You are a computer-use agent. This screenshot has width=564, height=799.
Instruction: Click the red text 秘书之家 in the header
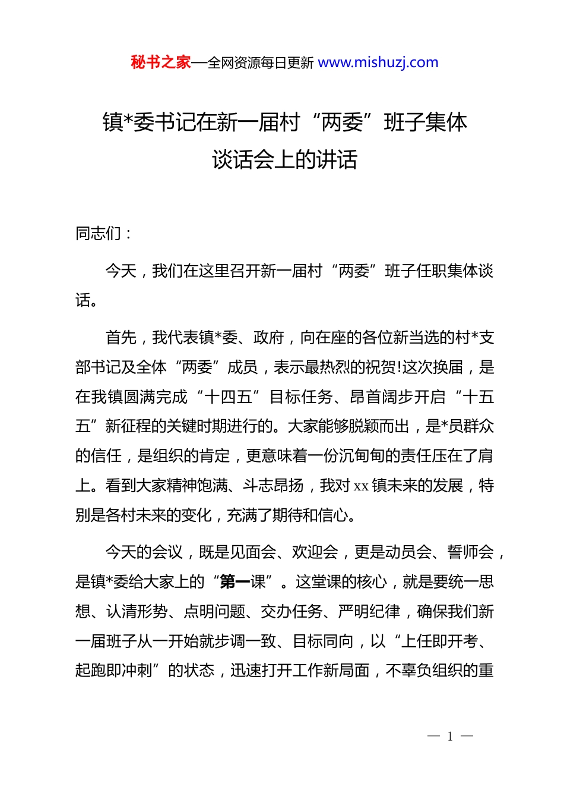tap(161, 62)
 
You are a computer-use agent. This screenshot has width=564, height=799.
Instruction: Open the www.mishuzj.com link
tap(378, 62)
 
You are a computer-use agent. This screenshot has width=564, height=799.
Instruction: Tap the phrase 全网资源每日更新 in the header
tap(261, 63)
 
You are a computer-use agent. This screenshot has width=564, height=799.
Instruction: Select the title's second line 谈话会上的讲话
tap(284, 159)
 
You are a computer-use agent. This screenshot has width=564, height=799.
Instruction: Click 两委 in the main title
tap(342, 122)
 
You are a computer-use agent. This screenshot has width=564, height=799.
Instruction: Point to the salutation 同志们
tap(99, 234)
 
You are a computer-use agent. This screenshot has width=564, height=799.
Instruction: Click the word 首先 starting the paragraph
tap(121, 338)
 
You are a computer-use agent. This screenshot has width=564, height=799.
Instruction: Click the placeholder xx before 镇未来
tap(361, 486)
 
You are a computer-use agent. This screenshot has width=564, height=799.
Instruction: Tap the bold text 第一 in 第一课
tap(235, 582)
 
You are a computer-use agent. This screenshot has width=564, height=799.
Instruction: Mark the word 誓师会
tap(470, 552)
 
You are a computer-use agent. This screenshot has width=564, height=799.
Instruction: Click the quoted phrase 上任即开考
tap(439, 641)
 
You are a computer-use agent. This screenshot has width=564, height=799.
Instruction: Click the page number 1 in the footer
tap(450, 737)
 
